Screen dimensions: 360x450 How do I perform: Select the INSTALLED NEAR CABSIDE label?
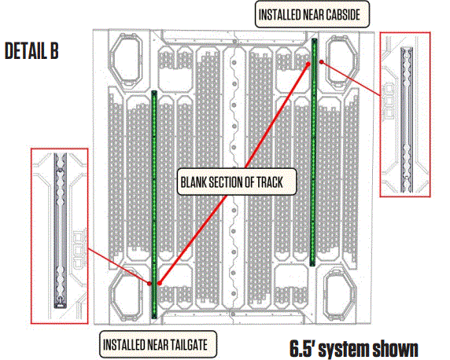coord(313,13)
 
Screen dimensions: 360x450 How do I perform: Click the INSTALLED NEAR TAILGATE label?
coord(159,343)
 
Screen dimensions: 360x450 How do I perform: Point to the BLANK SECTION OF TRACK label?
coord(237,182)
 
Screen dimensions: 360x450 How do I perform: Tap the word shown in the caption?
coord(389,347)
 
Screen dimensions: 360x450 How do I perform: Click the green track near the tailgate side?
coord(154,204)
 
